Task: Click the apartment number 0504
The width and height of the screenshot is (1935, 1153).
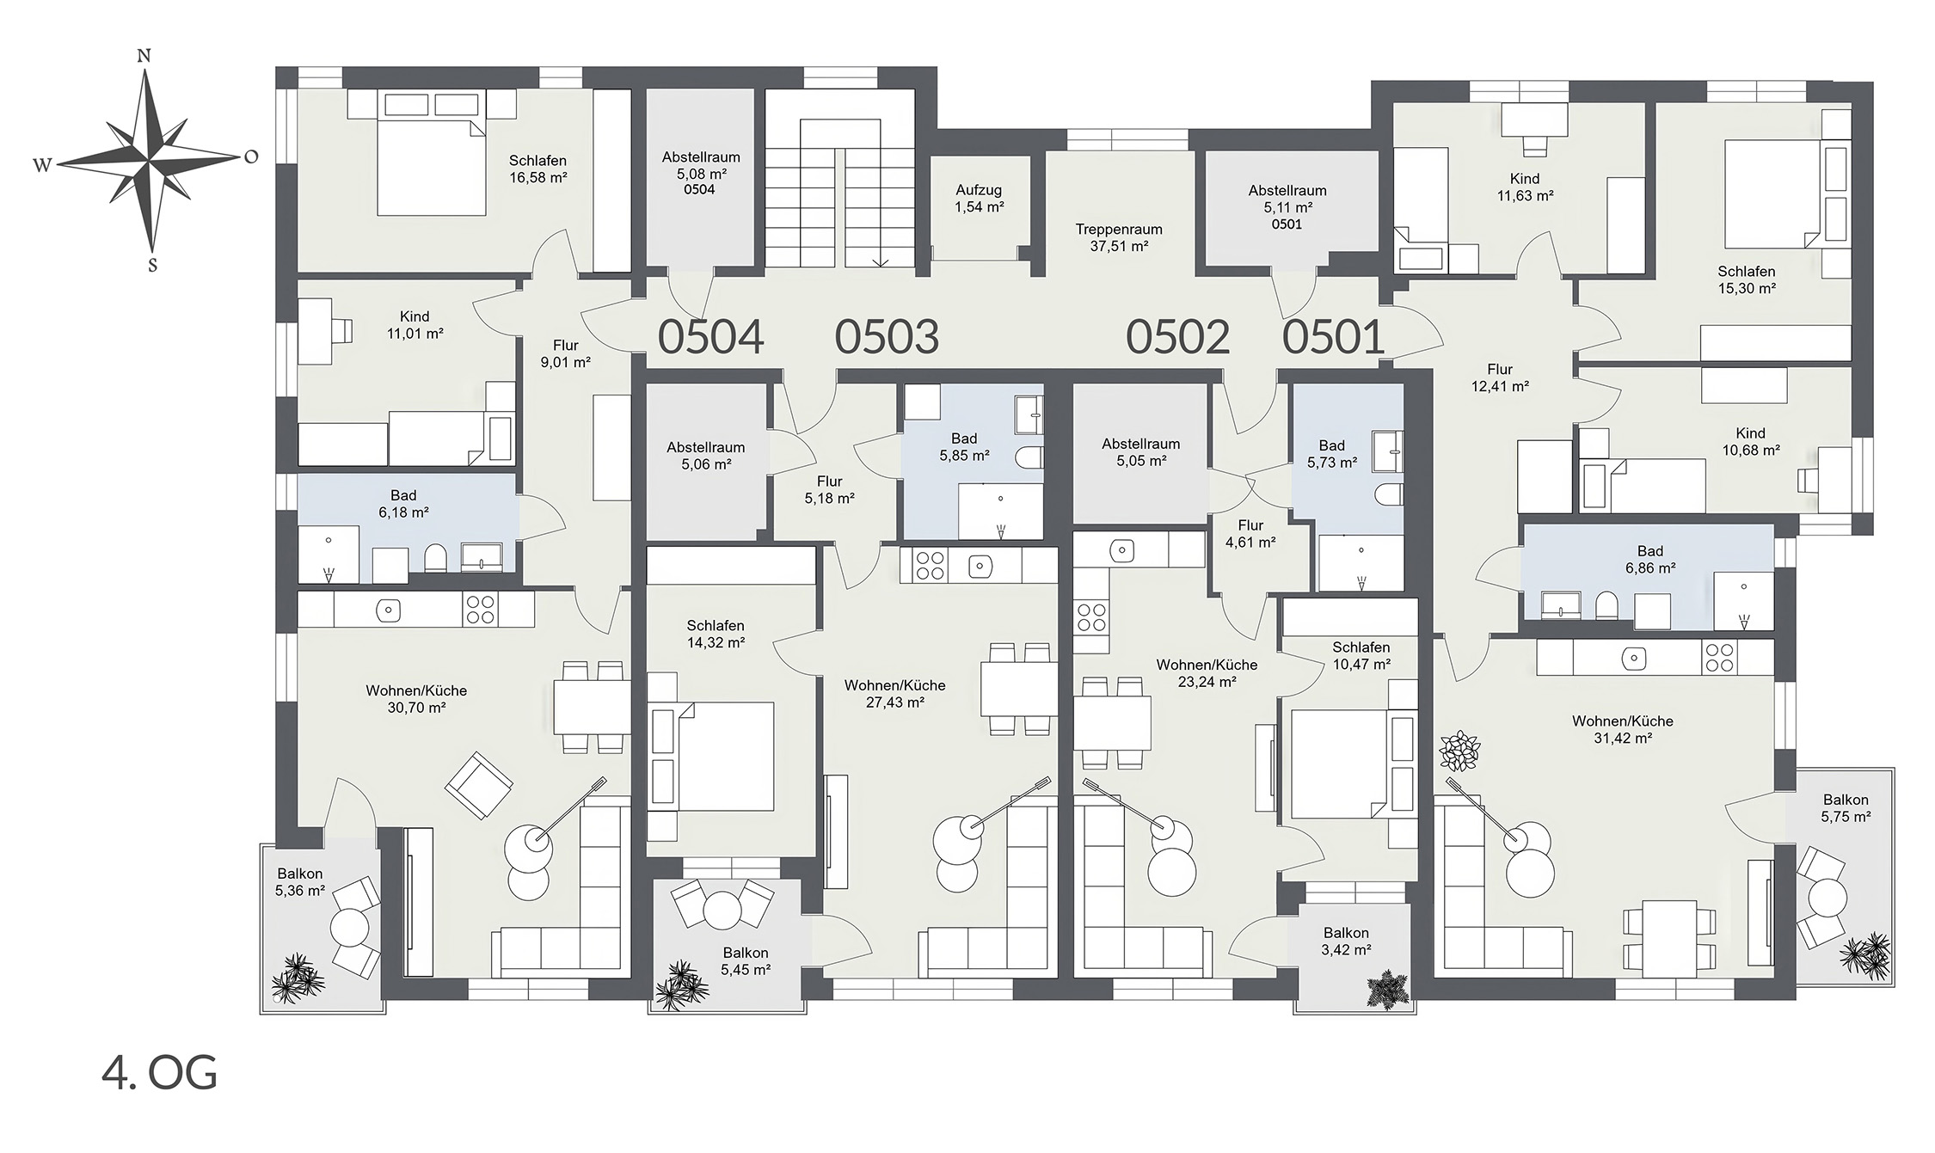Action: click(710, 336)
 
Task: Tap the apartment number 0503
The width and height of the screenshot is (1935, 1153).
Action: click(887, 336)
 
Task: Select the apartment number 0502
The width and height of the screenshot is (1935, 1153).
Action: click(1177, 336)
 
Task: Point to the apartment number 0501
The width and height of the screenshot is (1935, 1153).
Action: click(1333, 336)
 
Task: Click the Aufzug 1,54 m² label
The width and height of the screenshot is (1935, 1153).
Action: click(979, 199)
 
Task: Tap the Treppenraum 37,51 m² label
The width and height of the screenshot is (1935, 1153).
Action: click(1119, 238)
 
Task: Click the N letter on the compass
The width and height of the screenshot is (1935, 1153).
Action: click(144, 57)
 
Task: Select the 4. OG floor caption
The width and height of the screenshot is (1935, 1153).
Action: click(159, 1073)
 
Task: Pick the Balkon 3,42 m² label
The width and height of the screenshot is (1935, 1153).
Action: click(1346, 941)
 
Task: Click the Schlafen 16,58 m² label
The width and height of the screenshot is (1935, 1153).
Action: click(537, 169)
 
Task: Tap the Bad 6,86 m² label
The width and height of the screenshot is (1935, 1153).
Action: click(1650, 560)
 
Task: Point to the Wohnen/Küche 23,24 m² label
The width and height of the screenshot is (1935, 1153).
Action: click(1207, 673)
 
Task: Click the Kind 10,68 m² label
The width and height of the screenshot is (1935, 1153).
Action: click(1750, 442)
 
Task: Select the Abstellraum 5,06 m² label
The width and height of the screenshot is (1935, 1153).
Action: click(706, 456)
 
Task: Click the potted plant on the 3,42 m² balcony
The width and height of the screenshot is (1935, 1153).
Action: click(1385, 990)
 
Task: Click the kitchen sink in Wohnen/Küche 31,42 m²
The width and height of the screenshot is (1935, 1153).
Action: click(1633, 659)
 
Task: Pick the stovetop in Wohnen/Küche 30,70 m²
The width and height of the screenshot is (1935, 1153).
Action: click(479, 610)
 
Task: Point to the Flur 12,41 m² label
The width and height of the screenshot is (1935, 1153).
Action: click(1500, 378)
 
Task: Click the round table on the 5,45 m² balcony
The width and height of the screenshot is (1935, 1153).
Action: click(722, 909)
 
